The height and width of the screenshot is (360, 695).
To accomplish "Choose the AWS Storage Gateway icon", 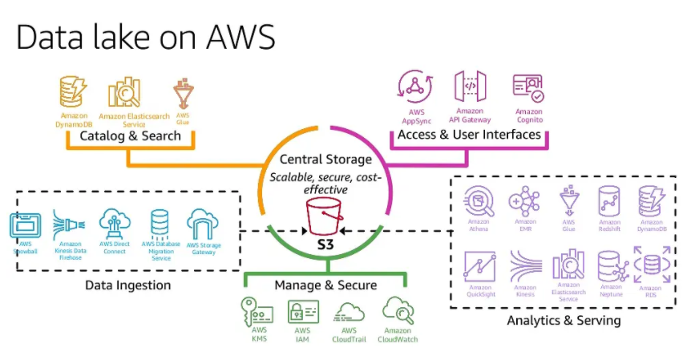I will point(204,224).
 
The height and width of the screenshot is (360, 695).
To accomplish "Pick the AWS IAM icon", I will point(302,311).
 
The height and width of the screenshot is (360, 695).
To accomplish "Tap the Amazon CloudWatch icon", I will point(398,309).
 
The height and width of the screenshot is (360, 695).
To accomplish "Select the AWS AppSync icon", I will point(416,87).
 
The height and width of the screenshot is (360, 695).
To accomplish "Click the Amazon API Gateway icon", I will point(470,87).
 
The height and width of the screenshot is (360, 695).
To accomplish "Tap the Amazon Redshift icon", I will point(610,200).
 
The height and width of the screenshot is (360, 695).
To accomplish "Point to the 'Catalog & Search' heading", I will point(130,136).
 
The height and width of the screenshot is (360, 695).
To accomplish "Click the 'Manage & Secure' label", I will point(325,285).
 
